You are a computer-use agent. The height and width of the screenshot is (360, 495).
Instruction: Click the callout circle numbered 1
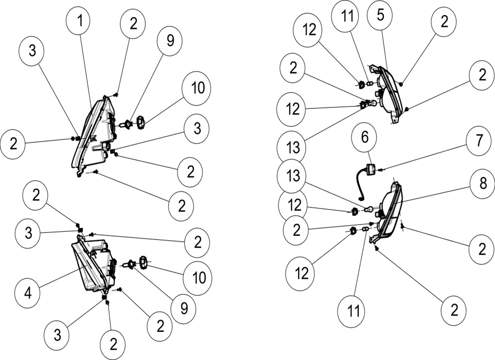point(80,21)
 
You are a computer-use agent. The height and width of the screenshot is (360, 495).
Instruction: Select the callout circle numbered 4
point(28,293)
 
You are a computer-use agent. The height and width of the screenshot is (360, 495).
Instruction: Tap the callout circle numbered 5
point(380,15)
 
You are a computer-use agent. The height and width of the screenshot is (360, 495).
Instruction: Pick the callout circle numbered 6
point(364,138)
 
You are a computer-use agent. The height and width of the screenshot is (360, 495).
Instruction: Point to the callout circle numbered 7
point(479,140)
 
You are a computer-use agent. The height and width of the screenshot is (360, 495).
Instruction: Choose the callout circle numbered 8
point(483,184)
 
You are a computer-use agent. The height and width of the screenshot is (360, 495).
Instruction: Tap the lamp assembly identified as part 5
point(390,94)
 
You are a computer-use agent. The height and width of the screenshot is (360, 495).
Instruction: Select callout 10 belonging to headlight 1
point(198,88)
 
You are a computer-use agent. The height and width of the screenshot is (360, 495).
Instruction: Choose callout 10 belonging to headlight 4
point(199,278)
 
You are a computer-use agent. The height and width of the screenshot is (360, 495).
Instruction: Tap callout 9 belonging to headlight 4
point(184,308)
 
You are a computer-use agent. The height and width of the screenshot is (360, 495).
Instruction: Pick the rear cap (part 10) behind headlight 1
point(141,121)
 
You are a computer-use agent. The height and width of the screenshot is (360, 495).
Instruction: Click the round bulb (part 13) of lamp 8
point(368,210)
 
